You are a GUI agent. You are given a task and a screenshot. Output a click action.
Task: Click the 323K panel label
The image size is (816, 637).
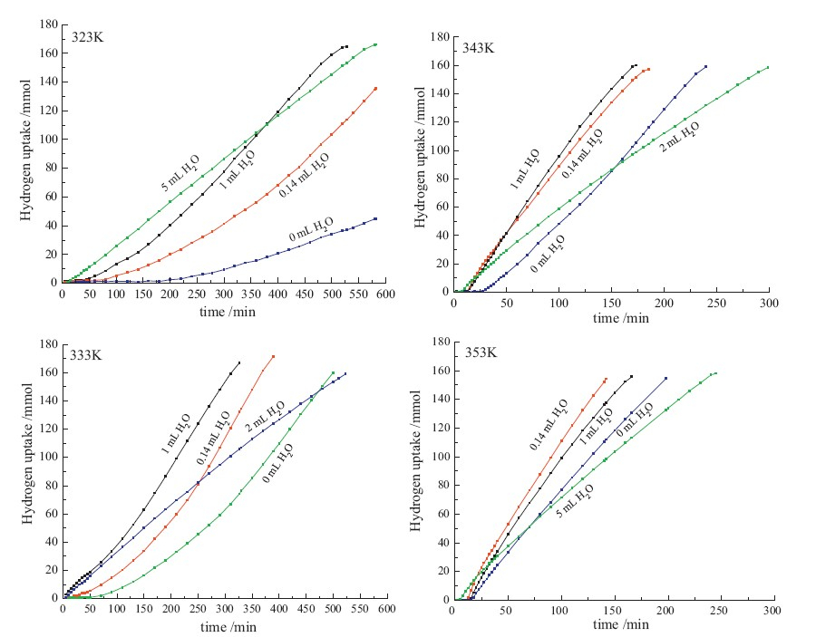(88, 37)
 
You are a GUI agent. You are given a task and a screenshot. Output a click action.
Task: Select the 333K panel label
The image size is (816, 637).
(88, 355)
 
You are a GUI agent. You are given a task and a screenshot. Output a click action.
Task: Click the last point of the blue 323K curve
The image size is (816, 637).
(375, 218)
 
